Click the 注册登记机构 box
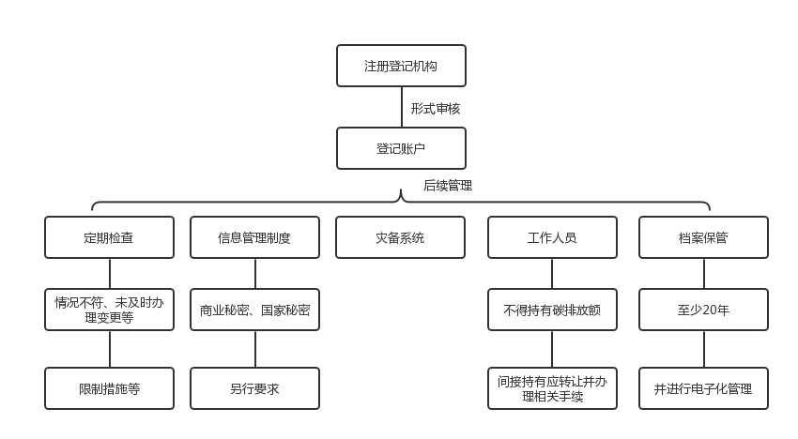[x=401, y=66]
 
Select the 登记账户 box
[x=401, y=148]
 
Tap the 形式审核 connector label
[x=435, y=109]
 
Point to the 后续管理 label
[x=448, y=186]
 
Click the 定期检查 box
[x=109, y=237]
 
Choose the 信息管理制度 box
[x=254, y=237]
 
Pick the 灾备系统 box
[x=400, y=237]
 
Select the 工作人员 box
[x=552, y=237]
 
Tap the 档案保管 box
[x=703, y=237]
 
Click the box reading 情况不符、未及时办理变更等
[x=109, y=310]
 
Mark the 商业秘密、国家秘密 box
[x=254, y=310]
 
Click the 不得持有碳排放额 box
[x=552, y=310]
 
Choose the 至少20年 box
[x=703, y=310]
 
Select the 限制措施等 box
[x=109, y=388]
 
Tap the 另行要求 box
[x=254, y=388]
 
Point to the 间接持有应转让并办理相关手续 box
[x=552, y=388]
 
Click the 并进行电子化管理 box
[x=703, y=388]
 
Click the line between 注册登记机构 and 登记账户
[x=402, y=107]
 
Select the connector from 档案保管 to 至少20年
[x=703, y=273]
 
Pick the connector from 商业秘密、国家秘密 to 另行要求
[x=255, y=349]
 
